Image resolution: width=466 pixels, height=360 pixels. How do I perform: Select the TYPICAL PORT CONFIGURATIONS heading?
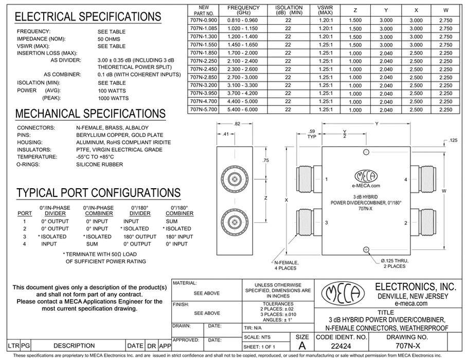pyautogui.click(x=98, y=193)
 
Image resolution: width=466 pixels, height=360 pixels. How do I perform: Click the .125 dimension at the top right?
pyautogui.click(x=453, y=140)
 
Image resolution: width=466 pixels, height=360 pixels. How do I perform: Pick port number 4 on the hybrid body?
pyautogui.click(x=406, y=179)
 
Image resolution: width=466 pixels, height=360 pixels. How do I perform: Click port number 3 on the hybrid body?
pyautogui.click(x=327, y=222)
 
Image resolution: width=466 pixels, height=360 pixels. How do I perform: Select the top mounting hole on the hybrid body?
pyautogui.click(x=366, y=152)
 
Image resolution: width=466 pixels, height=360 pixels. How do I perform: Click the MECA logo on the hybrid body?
pyautogui.click(x=366, y=176)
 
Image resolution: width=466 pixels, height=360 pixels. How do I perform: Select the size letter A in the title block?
pyautogui.click(x=300, y=347)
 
